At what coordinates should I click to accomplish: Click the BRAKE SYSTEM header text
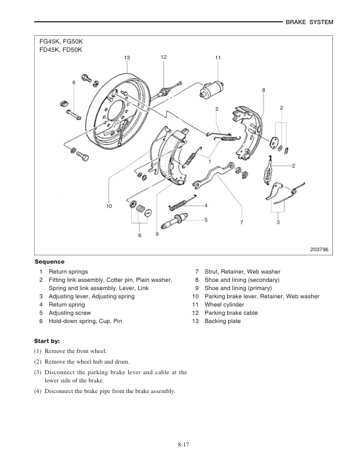point(309,22)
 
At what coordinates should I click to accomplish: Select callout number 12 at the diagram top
point(164,56)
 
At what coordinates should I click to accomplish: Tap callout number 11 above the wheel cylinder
point(218,57)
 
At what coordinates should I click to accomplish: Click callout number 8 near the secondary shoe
point(264,90)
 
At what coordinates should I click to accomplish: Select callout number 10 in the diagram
point(109,206)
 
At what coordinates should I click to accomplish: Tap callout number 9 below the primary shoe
point(157,234)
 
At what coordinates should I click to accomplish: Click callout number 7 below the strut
point(241,222)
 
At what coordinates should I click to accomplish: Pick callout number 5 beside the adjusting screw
point(206,219)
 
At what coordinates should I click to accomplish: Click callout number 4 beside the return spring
point(206,205)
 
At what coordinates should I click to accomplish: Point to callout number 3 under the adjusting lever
point(278,222)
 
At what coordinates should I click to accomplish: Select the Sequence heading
point(49,261)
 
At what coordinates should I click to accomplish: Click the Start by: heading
point(48,341)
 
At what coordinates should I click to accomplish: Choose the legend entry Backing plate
point(222,321)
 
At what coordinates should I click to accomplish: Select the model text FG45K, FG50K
point(61,42)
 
